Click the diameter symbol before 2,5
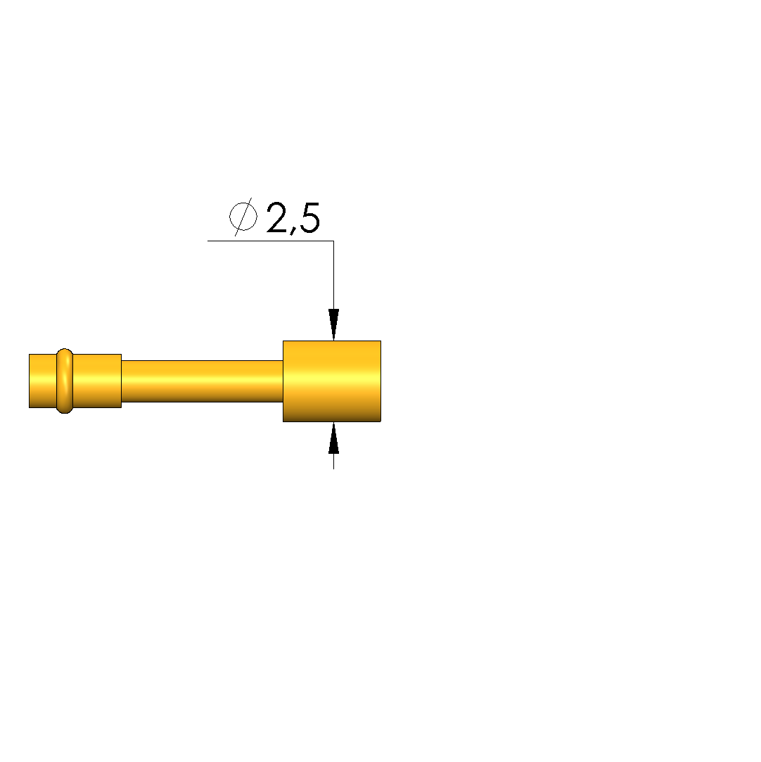coord(243,217)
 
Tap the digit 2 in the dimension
coord(277,217)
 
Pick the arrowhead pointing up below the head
coord(333,438)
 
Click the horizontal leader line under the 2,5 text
coord(271,241)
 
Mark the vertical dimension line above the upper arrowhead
coord(333,274)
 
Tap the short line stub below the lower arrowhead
coord(333,461)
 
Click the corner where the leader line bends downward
coord(333,241)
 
